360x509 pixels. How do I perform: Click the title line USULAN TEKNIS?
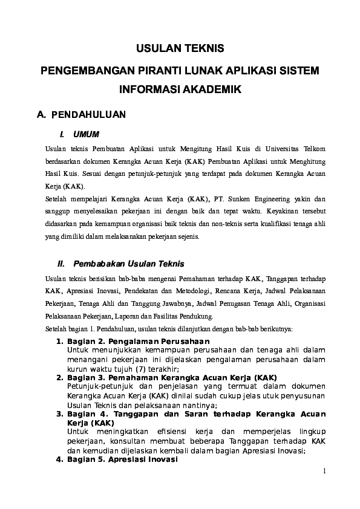pos(180,48)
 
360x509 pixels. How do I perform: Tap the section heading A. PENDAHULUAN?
pos(81,114)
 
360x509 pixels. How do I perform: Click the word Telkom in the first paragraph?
pos(315,148)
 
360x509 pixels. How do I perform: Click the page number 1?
pos(324,472)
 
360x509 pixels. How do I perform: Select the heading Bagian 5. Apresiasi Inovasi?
pos(117,459)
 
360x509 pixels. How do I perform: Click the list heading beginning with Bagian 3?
pos(166,377)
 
